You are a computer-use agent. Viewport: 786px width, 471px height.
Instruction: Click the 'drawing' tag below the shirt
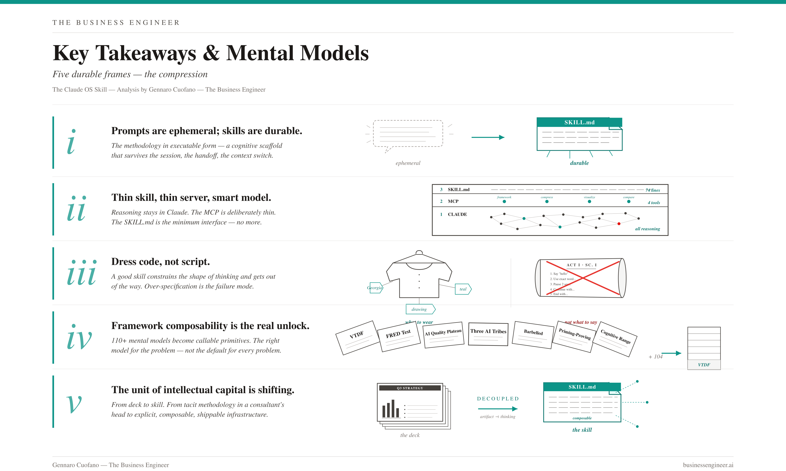tap(419, 309)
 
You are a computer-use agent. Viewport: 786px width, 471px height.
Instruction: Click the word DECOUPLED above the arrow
tap(498, 399)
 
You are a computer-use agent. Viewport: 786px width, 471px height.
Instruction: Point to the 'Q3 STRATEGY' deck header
tap(410, 388)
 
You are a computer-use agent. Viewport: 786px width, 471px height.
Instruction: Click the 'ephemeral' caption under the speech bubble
tap(408, 163)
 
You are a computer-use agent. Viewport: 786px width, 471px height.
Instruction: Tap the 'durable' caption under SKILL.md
tap(579, 163)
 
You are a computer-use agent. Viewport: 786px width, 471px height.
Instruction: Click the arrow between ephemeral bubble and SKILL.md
tap(488, 138)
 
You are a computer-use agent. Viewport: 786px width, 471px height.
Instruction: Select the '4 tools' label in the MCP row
tap(654, 202)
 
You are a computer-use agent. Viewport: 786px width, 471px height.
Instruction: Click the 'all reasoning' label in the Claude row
tap(647, 229)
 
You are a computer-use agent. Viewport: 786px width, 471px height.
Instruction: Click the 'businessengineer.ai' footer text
tap(708, 465)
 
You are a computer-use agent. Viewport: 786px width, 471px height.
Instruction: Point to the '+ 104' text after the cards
tap(655, 357)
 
